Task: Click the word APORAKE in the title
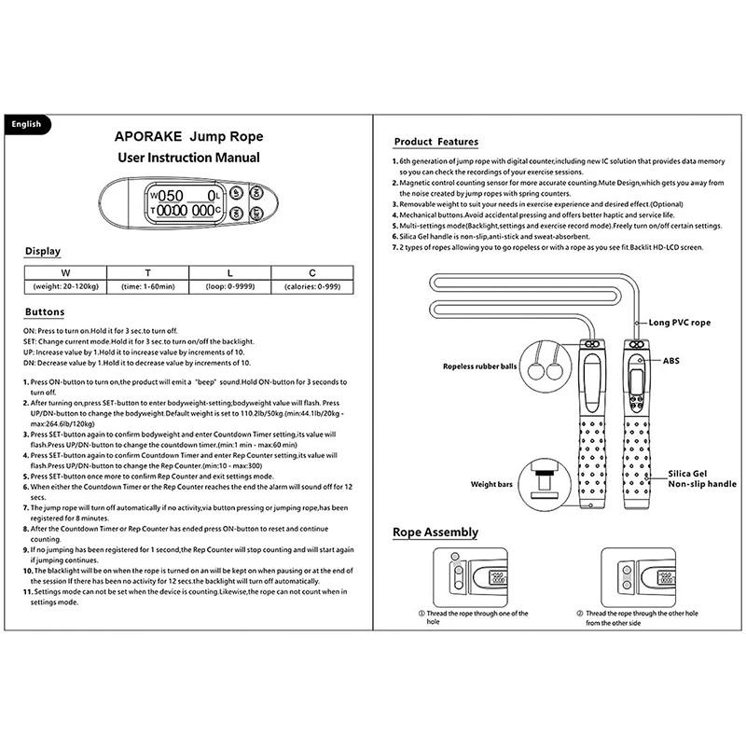(x=149, y=134)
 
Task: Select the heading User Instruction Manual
(x=189, y=158)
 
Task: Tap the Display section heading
(x=43, y=251)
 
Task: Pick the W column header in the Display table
(x=64, y=272)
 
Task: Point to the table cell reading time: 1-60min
(x=146, y=286)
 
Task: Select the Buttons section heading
(x=46, y=312)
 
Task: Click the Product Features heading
(x=435, y=142)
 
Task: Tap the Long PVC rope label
(x=679, y=322)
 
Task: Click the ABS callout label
(x=672, y=359)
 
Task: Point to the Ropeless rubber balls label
(x=480, y=367)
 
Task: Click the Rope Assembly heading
(x=435, y=532)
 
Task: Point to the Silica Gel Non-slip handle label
(x=702, y=478)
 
